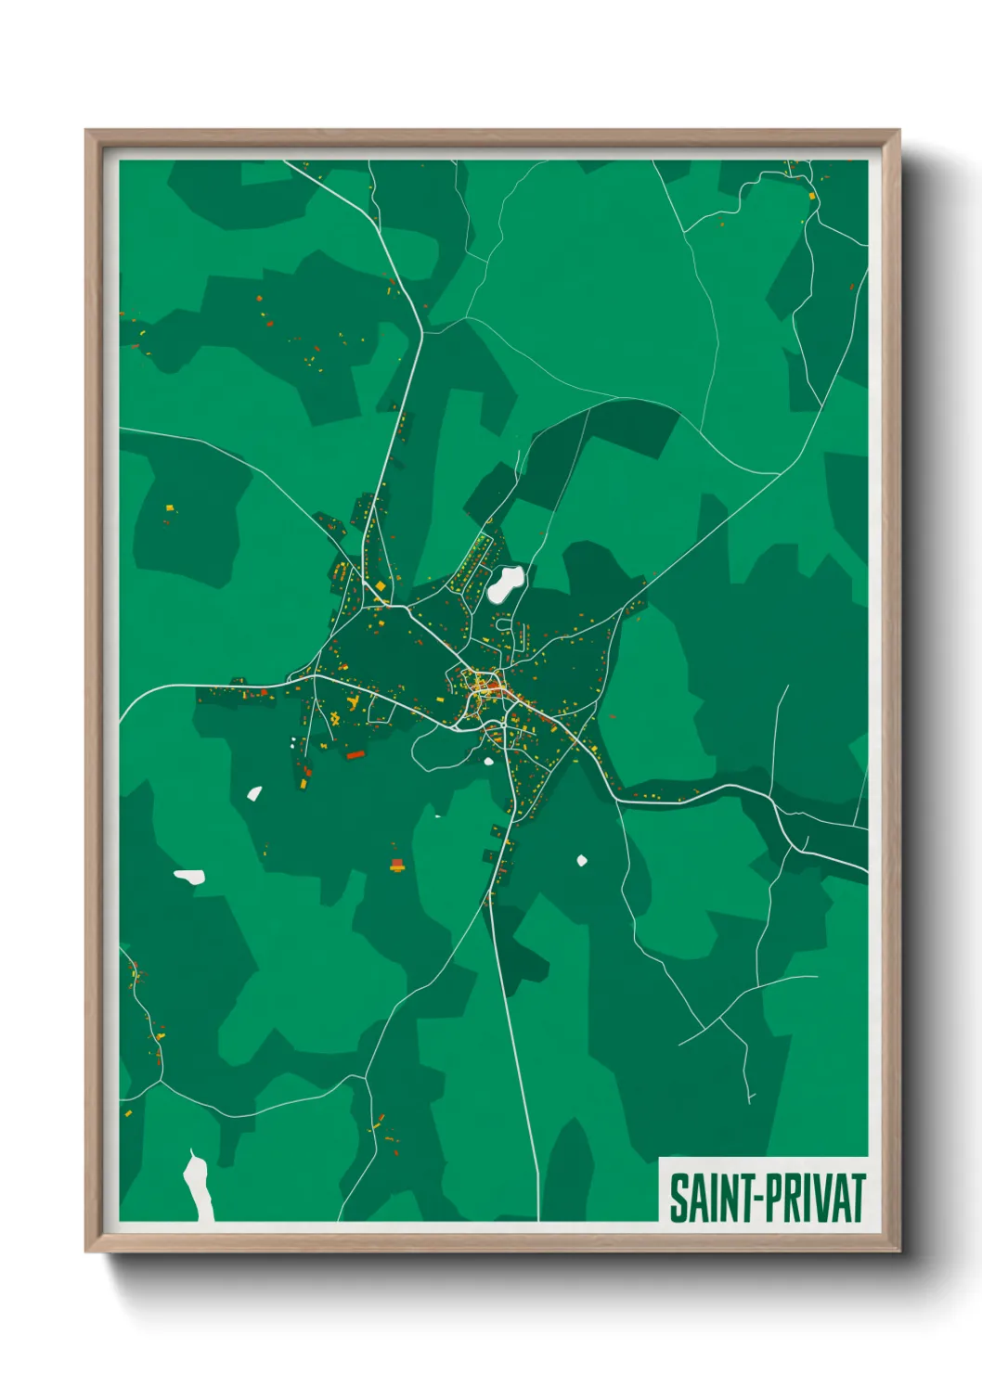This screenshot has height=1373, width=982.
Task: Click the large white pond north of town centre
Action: tap(506, 584)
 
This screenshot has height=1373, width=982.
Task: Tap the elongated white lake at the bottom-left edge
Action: tap(198, 1185)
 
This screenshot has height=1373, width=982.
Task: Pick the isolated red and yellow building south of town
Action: tap(397, 866)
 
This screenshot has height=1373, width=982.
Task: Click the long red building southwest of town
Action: tap(355, 755)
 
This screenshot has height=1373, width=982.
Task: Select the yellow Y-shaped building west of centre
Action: tap(333, 718)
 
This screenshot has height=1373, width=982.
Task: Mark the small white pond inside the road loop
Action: tap(488, 762)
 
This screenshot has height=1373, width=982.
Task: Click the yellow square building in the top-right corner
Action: tap(814, 197)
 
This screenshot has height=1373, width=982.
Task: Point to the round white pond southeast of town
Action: tap(582, 861)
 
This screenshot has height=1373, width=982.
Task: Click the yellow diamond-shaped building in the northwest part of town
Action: tap(379, 586)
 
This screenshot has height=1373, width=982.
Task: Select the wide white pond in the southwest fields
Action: tap(190, 876)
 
